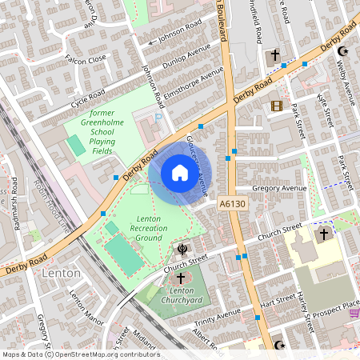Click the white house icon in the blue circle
tap(180, 173)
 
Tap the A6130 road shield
tap(231, 205)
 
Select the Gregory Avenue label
tap(279, 189)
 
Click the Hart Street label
tap(278, 304)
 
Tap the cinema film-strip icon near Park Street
tap(277, 106)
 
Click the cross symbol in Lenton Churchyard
tap(182, 276)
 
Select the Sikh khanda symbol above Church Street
tap(184, 249)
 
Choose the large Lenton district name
tap(61, 273)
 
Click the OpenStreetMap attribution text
tap(81, 354)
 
